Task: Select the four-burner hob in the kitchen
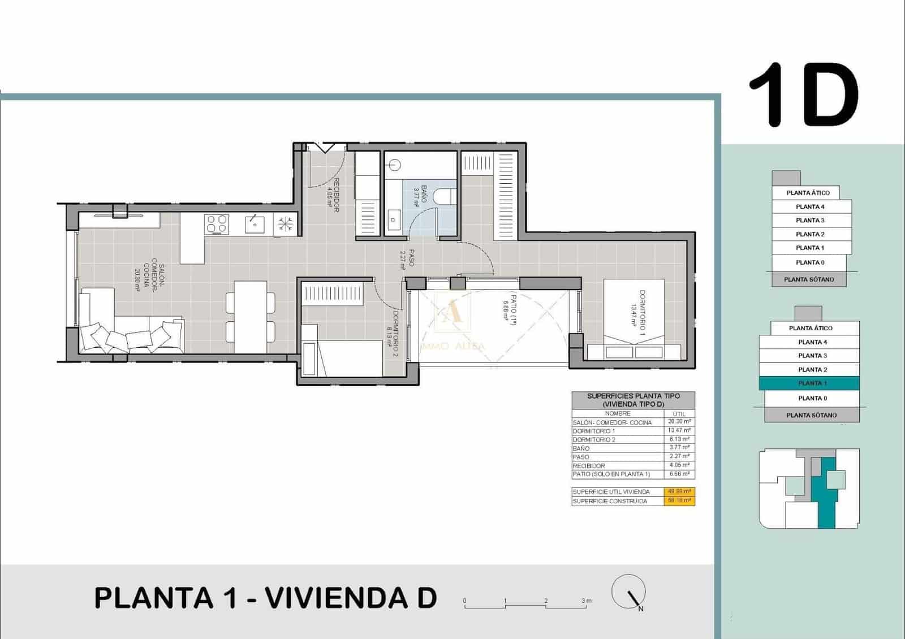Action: pos(217,224)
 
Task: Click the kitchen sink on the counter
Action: pos(255,224)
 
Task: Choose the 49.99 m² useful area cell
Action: pos(679,491)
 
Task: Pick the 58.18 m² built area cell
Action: pos(679,500)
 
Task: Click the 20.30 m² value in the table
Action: pos(679,422)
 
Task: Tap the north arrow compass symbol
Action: pos(629,591)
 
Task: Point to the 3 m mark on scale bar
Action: pos(587,601)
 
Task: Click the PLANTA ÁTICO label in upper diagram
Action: pos(808,193)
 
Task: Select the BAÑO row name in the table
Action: pos(581,448)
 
